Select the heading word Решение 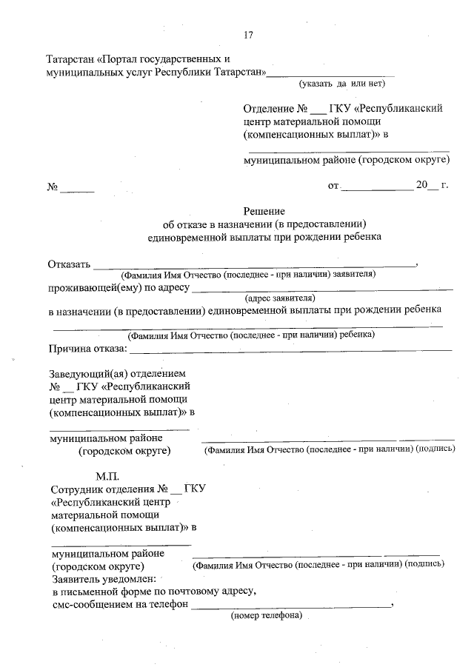click(264, 211)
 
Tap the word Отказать click(69, 264)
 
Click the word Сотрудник click(79, 489)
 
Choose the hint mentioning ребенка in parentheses click(251, 335)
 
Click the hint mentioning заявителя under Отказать click(250, 274)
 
